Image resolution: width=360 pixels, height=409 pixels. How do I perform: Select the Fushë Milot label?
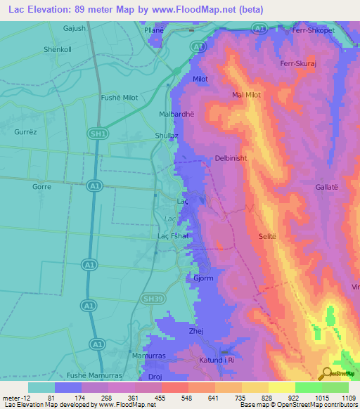pos(120,98)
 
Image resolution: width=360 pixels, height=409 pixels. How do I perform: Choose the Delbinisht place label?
pos(231,159)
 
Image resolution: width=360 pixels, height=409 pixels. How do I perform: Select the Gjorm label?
pos(203,278)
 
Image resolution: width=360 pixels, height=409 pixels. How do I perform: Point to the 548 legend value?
pos(186,398)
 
